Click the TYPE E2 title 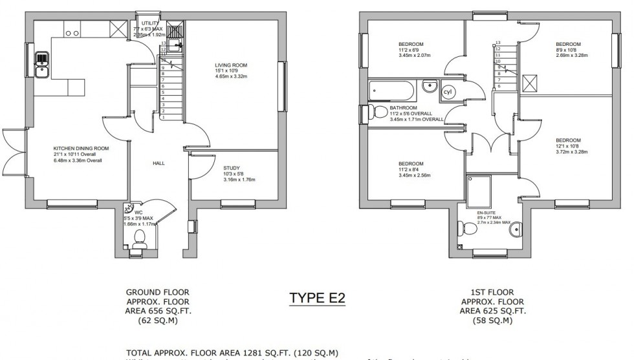317,298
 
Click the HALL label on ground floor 158,163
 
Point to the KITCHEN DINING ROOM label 81,148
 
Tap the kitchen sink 41,65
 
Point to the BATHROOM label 403,108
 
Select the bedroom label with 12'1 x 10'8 568,140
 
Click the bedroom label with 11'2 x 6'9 411,44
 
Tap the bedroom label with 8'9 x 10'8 568,44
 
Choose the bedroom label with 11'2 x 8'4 411,163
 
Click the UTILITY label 142,23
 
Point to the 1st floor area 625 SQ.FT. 493,311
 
